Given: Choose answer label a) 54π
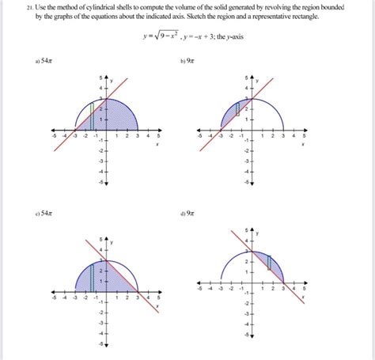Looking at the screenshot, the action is point(44,60).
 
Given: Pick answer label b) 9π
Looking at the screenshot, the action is point(187,60).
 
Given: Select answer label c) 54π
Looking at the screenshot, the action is point(44,213).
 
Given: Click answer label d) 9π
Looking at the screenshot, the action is point(187,213).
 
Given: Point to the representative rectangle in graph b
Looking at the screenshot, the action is point(235,113).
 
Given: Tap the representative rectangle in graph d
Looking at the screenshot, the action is point(270,263).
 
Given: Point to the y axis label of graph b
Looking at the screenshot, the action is point(257,81).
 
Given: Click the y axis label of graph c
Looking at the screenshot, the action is point(112,241).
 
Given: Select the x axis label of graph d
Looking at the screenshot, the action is point(303,298).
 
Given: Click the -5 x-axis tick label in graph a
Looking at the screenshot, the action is point(53,136).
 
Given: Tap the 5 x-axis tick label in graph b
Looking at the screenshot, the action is point(302,136).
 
